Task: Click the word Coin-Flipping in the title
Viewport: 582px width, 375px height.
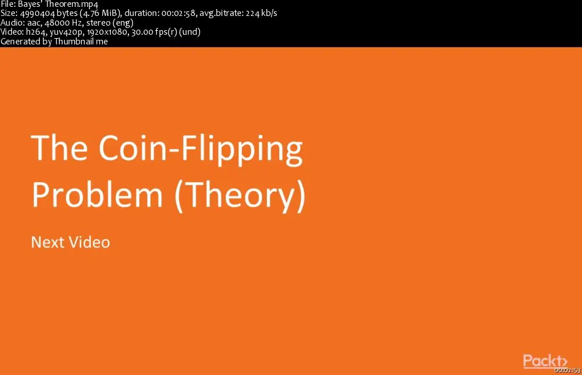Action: (x=201, y=150)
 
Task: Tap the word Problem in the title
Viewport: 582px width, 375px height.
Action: (x=97, y=195)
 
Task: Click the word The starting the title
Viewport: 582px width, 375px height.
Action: (x=59, y=147)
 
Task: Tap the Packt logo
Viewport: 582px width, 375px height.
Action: (x=545, y=361)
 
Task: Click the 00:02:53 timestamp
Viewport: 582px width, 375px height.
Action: (x=568, y=370)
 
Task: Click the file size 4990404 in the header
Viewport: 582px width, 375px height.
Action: (x=37, y=13)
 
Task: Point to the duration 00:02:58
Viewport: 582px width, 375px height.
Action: (x=178, y=13)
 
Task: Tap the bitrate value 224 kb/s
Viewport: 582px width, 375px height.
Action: (x=261, y=13)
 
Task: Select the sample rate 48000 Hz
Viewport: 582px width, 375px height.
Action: (x=64, y=22)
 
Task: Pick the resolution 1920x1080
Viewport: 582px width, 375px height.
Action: (x=107, y=32)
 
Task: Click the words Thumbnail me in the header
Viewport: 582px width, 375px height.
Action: (x=81, y=41)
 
